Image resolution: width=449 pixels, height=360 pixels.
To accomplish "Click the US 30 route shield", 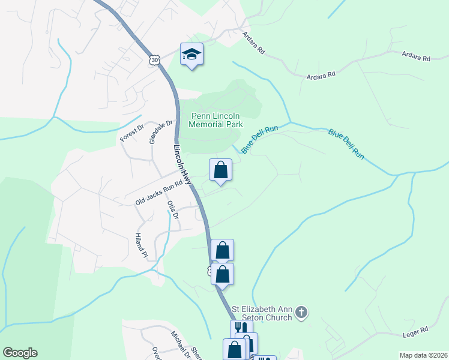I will [155, 59].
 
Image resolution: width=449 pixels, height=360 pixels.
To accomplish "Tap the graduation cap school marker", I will [191, 54].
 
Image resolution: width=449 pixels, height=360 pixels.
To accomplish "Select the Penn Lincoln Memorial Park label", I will [216, 120].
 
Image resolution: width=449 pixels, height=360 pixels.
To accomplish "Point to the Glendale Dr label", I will [161, 132].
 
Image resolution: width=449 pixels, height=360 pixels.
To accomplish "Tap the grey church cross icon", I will [302, 312].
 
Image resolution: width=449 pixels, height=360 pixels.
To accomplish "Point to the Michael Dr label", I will [179, 344].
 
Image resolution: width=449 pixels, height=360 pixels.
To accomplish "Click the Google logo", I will [20, 353].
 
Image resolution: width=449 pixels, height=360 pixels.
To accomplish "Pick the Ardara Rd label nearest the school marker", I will [253, 43].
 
